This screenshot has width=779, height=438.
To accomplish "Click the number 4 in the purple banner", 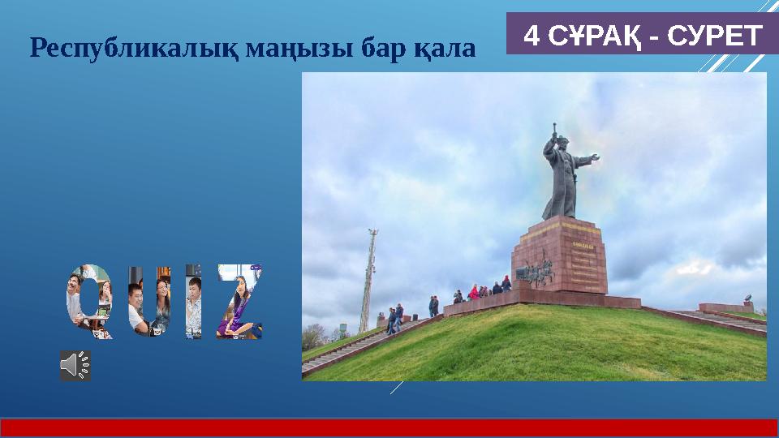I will [532, 36].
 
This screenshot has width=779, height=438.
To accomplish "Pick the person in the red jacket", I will [473, 292].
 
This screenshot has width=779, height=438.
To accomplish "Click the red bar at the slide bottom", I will [389, 427].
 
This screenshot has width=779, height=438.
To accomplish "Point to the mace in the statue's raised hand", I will [554, 130].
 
